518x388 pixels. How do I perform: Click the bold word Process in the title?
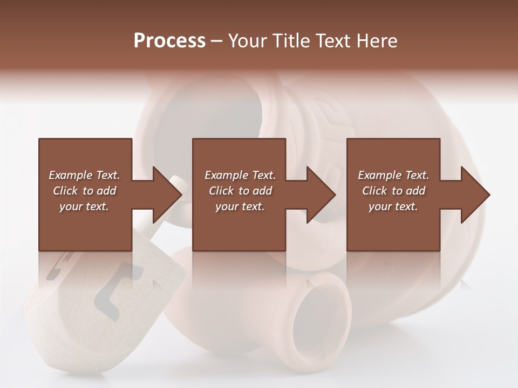click(169, 40)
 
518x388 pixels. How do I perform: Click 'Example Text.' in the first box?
click(84, 175)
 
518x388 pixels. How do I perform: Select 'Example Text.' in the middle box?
click(240, 175)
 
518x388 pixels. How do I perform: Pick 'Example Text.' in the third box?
click(393, 175)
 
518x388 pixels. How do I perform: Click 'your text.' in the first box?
click(84, 206)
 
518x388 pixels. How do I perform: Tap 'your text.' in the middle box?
click(240, 206)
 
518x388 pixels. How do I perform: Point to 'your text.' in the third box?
click(393, 206)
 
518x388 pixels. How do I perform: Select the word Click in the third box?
click(374, 191)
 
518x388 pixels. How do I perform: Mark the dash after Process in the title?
click(217, 41)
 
